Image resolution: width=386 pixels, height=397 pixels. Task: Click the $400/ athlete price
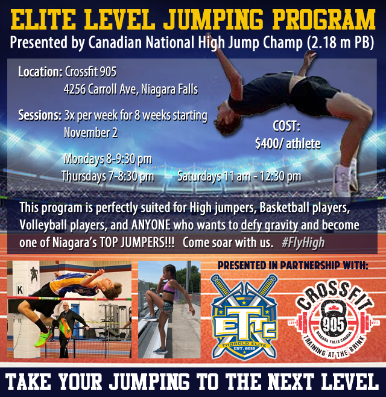pyautogui.click(x=288, y=144)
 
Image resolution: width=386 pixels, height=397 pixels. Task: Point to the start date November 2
pyautogui.click(x=90, y=133)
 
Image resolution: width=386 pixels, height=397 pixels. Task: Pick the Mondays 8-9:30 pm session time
pyautogui.click(x=108, y=159)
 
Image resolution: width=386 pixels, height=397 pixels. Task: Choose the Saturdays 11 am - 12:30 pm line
pyautogui.click(x=239, y=176)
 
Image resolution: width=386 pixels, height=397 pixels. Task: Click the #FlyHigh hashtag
pyautogui.click(x=303, y=243)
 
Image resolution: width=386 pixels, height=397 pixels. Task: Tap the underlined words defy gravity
pyautogui.click(x=270, y=225)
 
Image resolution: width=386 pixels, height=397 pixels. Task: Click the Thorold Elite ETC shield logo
pyautogui.click(x=244, y=317)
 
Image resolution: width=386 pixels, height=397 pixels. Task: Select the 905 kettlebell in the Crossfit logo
pyautogui.click(x=333, y=319)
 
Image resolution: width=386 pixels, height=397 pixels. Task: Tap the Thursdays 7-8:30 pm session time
pyautogui.click(x=108, y=176)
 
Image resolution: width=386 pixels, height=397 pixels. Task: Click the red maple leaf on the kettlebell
pyautogui.click(x=333, y=308)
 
